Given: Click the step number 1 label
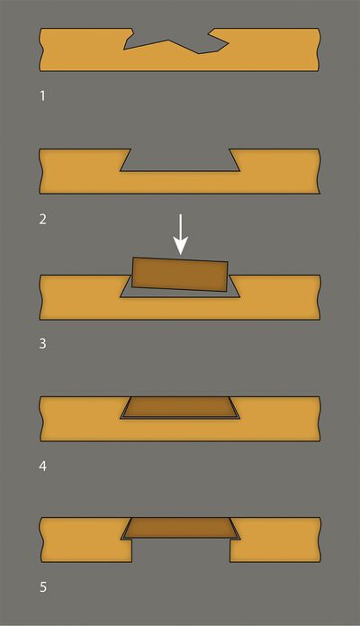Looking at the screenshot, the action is (42, 96).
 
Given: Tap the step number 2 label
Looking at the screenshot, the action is (42, 219).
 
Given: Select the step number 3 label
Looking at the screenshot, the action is (42, 344).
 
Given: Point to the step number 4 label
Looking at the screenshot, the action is (42, 466).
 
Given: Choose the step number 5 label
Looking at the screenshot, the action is (42, 587).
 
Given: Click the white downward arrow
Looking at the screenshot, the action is (180, 234).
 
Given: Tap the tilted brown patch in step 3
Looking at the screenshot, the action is (180, 275).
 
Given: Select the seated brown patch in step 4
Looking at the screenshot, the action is (180, 407).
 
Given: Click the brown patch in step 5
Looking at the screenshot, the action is (180, 528).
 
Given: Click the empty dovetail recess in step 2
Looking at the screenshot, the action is (180, 160).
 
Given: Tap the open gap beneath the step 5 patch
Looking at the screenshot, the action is (181, 550).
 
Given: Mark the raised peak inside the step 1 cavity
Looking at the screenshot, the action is (168, 41).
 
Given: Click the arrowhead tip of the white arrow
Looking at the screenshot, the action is (180, 255).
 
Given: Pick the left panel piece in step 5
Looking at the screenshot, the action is (85, 540).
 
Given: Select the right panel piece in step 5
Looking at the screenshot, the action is (275, 540).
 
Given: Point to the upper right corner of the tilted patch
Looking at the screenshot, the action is (228, 262).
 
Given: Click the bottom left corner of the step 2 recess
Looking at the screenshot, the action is (121, 171).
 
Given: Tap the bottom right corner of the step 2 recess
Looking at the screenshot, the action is (240, 171).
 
